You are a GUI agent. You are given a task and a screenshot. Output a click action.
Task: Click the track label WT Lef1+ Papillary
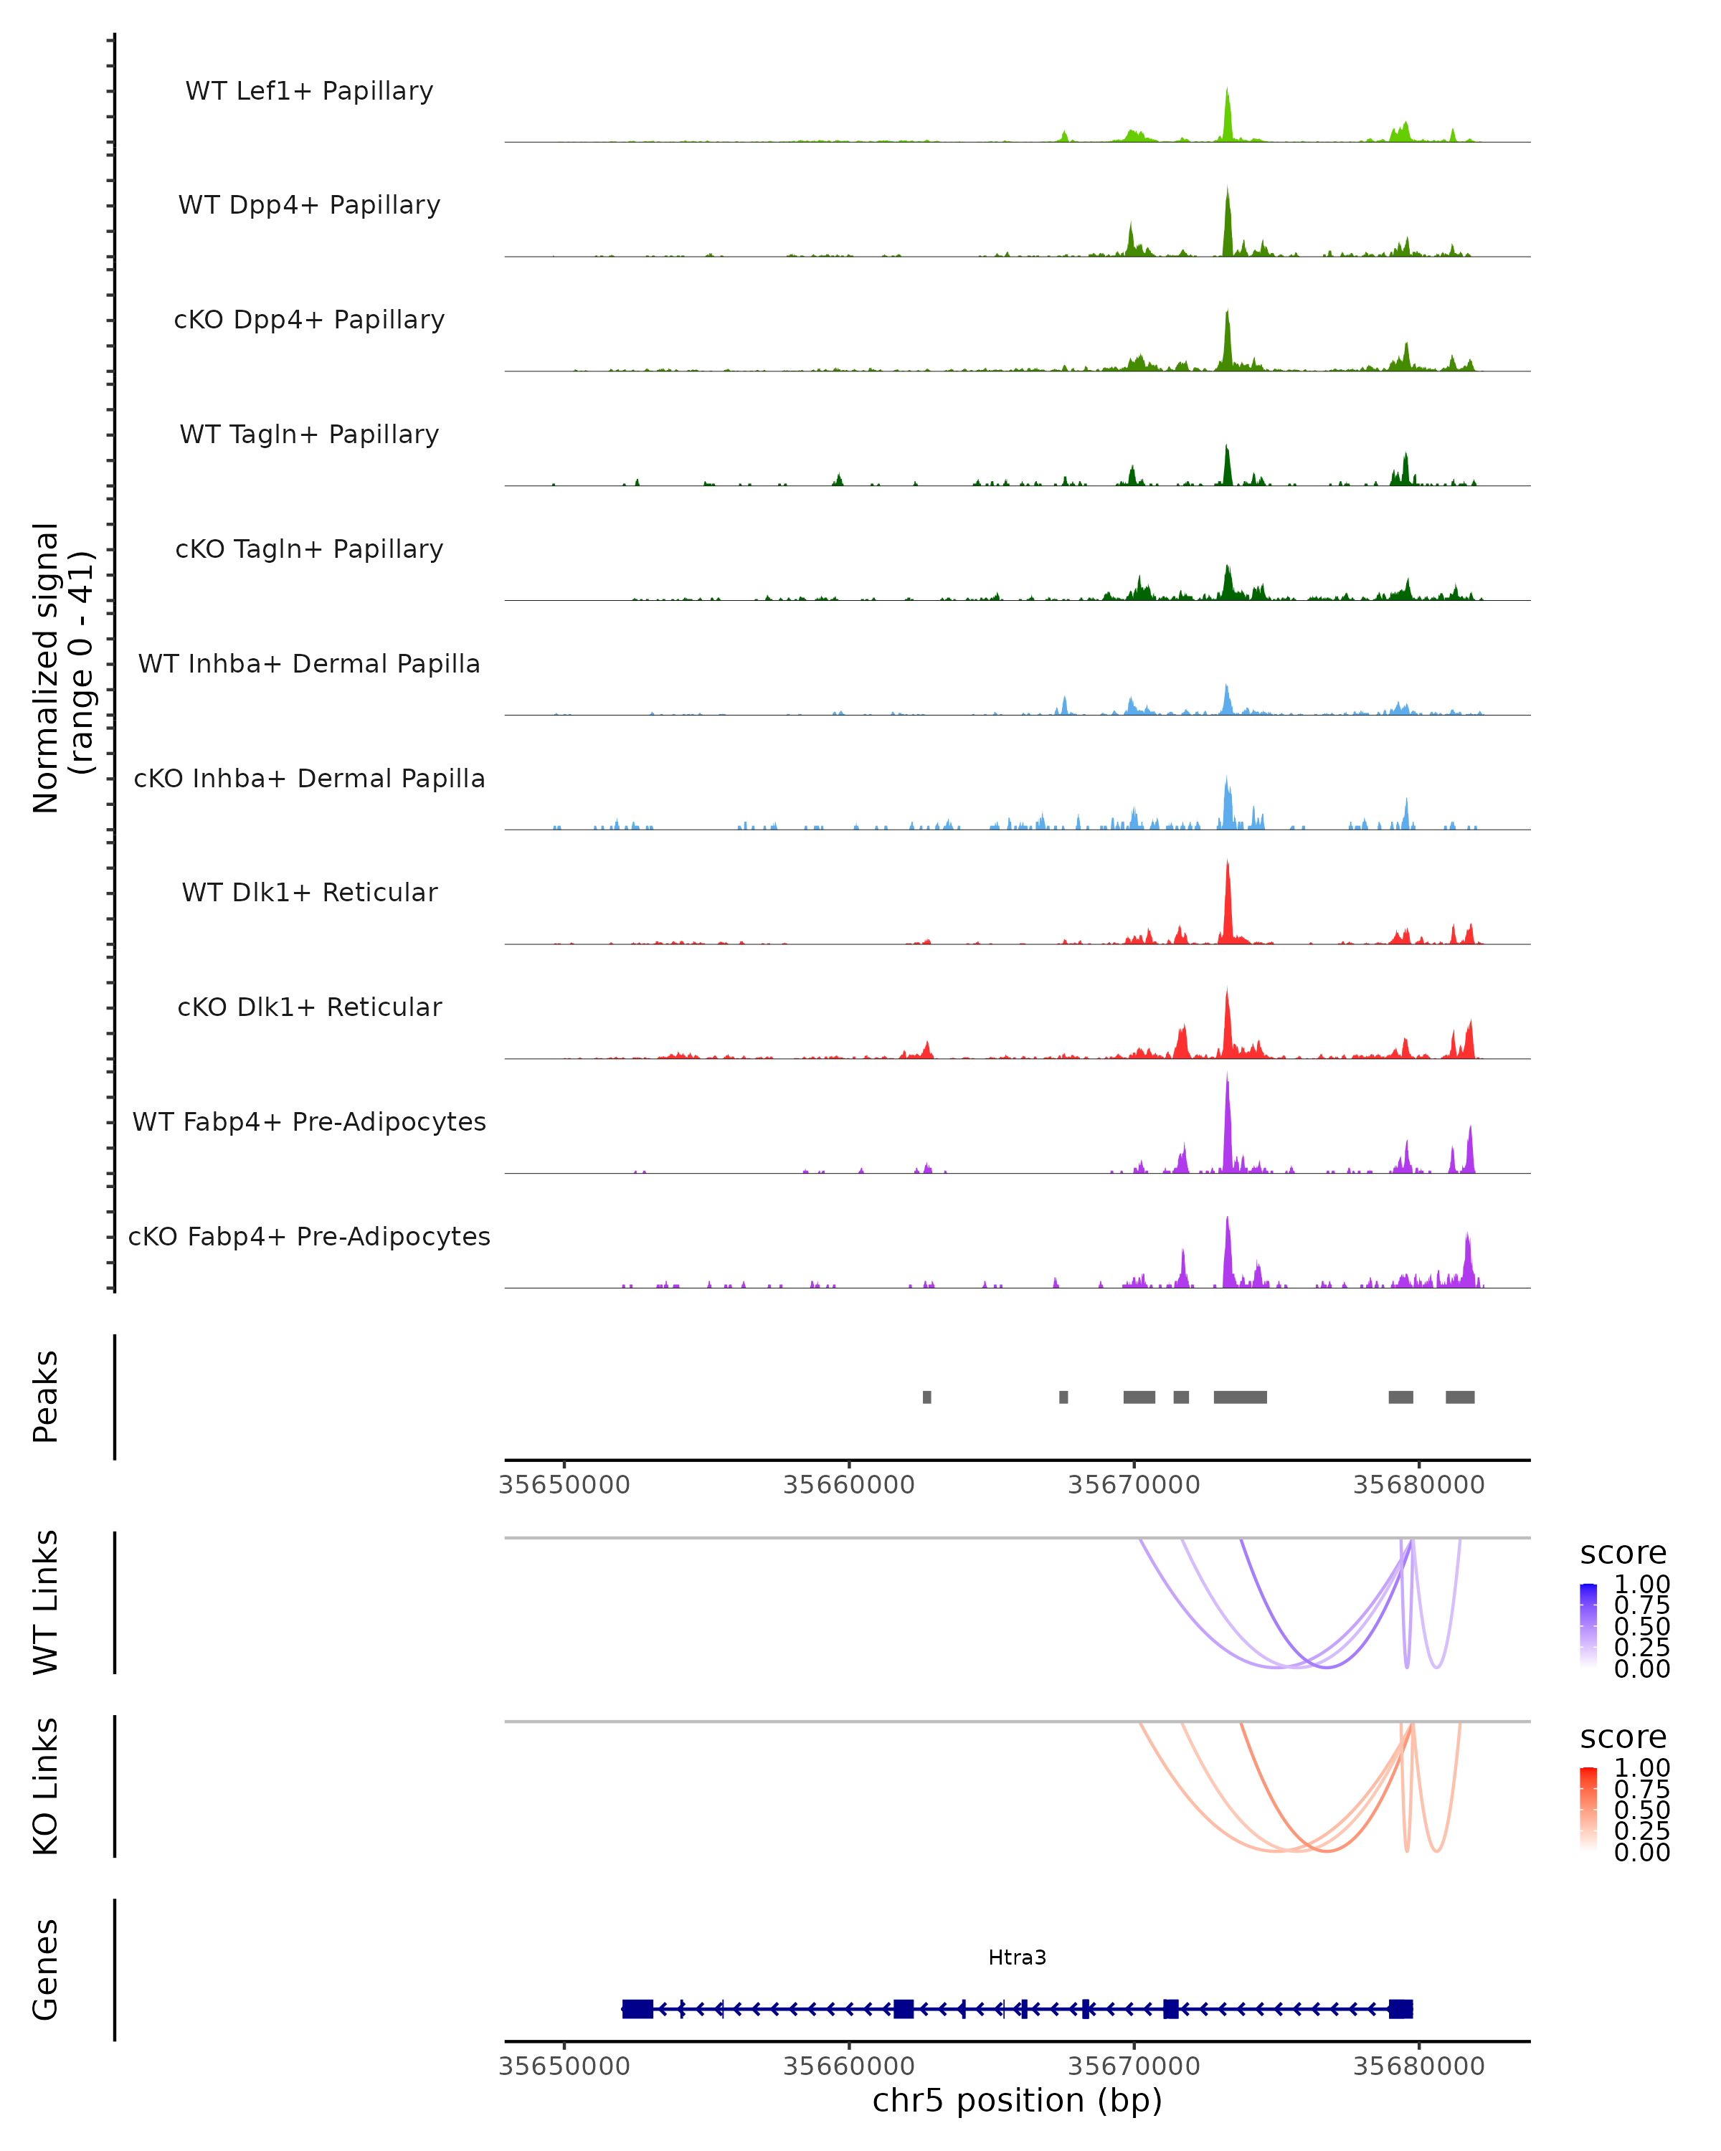click(x=309, y=91)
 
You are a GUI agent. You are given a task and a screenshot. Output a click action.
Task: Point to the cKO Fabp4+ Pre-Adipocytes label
click(x=309, y=1236)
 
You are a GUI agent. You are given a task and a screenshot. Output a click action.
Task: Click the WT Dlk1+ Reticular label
click(x=309, y=892)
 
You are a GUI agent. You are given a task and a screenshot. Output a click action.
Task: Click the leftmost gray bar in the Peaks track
click(x=927, y=1397)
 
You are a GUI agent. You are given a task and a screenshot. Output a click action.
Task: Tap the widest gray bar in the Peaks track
click(x=1240, y=1397)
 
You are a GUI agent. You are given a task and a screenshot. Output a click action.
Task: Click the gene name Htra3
click(x=1017, y=1957)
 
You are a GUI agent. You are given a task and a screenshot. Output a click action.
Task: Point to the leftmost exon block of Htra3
click(x=637, y=2009)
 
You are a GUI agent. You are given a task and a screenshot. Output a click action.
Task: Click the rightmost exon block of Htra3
click(x=1400, y=2009)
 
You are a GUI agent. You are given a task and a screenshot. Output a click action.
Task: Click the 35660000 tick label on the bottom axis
click(x=848, y=2065)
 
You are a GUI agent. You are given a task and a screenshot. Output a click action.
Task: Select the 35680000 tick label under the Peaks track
click(x=1418, y=1485)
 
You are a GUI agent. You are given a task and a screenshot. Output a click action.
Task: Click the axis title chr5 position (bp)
click(x=1017, y=2101)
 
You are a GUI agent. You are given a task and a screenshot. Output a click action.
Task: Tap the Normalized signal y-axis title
click(x=62, y=668)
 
